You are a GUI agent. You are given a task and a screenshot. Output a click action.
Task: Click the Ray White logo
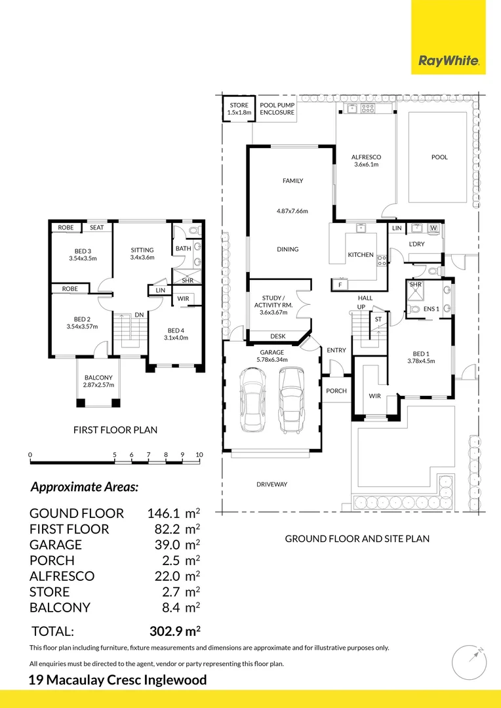point(449,62)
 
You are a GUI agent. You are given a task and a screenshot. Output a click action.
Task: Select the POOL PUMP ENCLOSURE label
point(277,109)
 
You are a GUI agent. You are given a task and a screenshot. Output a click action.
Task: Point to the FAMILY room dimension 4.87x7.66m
point(292,211)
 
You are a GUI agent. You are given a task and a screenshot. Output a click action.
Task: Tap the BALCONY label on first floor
point(98,378)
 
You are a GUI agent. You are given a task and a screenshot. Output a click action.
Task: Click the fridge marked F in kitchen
point(340,285)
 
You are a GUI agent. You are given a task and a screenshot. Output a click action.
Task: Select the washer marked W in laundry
point(433,228)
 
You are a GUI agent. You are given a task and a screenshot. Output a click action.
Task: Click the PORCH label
point(336,391)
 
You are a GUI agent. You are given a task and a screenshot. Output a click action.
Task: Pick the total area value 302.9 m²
point(173,631)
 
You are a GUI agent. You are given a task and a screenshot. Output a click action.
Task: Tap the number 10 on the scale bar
point(199,454)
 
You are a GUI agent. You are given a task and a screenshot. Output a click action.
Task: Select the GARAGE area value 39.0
point(160,545)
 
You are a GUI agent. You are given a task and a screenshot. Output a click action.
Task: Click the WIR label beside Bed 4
point(183,299)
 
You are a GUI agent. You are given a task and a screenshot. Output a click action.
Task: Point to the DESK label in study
point(278,336)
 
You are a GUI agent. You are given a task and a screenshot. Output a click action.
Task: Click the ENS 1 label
point(431,308)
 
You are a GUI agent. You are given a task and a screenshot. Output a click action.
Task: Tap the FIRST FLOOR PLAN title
point(115,430)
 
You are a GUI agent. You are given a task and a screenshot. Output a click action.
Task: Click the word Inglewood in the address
point(174,680)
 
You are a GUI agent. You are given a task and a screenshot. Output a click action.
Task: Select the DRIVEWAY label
point(271,484)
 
